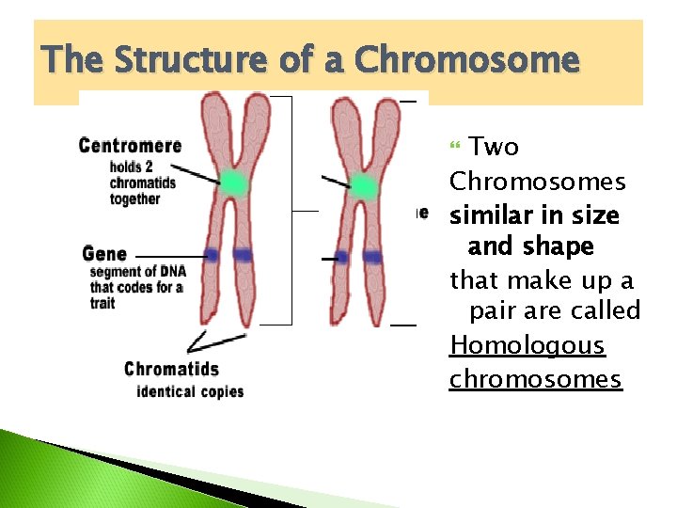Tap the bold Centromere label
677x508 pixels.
(x=130, y=145)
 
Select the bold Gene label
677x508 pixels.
(x=104, y=254)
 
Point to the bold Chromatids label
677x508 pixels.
(x=171, y=369)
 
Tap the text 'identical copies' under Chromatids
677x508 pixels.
(x=190, y=391)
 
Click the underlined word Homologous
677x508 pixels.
(x=527, y=345)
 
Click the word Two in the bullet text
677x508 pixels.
(x=494, y=147)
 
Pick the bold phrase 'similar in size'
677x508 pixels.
(x=534, y=215)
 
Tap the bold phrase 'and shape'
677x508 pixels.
(x=531, y=246)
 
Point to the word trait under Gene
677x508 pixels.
(x=102, y=303)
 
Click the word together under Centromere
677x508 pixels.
(x=134, y=199)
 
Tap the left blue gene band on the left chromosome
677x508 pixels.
(x=211, y=254)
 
